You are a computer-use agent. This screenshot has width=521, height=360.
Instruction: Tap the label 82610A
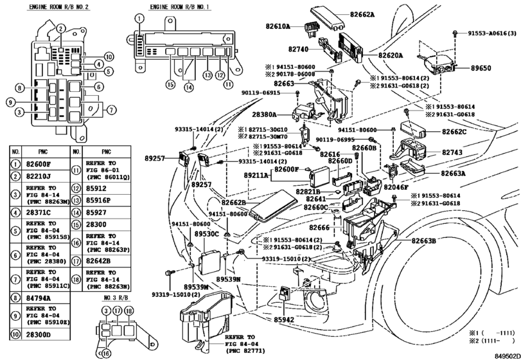[278, 26]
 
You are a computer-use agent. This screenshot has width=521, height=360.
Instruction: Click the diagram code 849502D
[506, 354]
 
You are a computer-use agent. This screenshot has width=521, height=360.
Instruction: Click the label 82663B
[420, 240]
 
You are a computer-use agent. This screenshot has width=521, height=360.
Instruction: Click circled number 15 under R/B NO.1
[170, 84]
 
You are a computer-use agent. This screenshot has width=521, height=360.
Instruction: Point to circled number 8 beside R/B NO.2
[20, 87]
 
